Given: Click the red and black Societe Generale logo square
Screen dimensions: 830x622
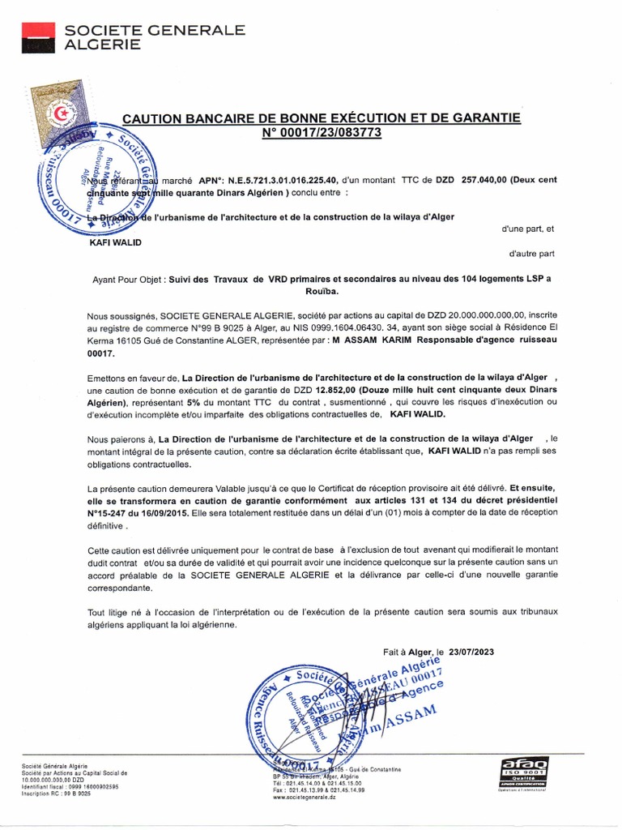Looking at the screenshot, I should [x=36, y=36].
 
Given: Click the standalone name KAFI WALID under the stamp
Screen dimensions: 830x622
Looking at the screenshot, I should [x=115, y=242].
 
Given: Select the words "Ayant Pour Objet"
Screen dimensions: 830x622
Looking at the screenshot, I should [x=129, y=279].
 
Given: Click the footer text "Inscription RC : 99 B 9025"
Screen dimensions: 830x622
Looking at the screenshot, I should [x=56, y=794].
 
